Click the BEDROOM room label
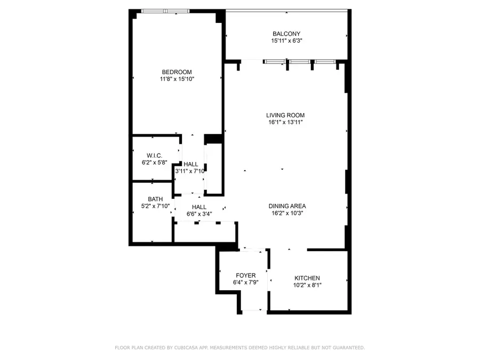tap(177, 72)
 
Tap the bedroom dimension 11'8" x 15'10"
tap(177, 79)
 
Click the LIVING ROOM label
tap(286, 115)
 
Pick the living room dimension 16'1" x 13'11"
tap(286, 122)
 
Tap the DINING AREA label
tap(287, 206)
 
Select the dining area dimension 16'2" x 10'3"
tap(287, 213)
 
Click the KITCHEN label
tap(307, 278)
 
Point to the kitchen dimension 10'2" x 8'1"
tap(307, 285)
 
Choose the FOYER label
tap(246, 275)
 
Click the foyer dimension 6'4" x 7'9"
tap(246, 283)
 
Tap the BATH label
tap(148, 199)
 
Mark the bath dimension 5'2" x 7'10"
tap(151, 206)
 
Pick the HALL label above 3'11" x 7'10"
tap(190, 164)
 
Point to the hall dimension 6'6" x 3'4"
tap(199, 214)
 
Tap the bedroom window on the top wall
tap(165, 11)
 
